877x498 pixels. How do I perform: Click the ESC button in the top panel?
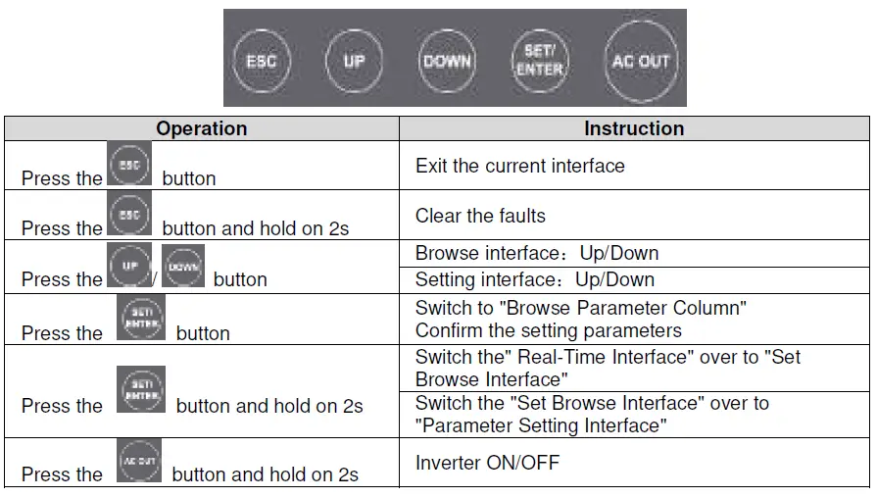click(262, 61)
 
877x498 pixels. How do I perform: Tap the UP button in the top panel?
click(354, 61)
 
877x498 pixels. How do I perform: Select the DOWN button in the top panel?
click(447, 61)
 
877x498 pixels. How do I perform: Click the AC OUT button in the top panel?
click(640, 61)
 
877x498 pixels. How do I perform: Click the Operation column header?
click(202, 128)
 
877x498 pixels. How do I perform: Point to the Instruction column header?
click(634, 128)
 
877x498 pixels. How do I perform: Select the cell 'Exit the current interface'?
click(519, 166)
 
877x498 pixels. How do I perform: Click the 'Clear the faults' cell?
click(480, 216)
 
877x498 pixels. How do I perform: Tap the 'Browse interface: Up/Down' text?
click(536, 253)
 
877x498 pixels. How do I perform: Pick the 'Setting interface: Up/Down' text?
click(534, 279)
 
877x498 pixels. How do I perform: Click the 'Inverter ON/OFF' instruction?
click(487, 463)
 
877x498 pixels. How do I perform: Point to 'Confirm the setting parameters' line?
click(548, 329)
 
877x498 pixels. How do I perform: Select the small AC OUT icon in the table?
click(138, 461)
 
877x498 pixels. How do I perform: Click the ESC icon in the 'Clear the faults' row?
click(128, 215)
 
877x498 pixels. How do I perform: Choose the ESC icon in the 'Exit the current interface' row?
click(128, 165)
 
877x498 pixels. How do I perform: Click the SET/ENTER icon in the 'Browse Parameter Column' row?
click(139, 318)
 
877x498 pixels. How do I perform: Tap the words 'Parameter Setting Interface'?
click(542, 425)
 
